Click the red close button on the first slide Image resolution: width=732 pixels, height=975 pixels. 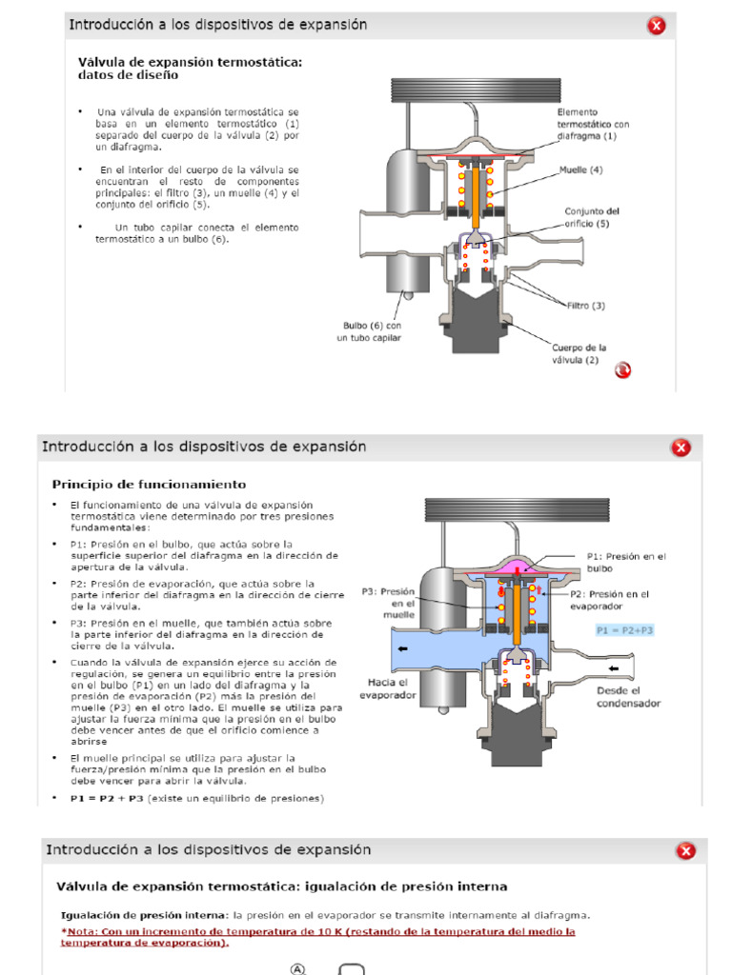(657, 26)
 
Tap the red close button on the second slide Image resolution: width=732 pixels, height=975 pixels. (681, 448)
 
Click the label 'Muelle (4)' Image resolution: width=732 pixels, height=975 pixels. (581, 169)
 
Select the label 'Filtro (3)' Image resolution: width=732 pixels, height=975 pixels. (586, 305)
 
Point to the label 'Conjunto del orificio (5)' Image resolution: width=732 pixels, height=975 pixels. (593, 217)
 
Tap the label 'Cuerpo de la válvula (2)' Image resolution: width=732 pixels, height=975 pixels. (579, 353)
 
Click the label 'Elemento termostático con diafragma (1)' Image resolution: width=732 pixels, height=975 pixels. (593, 124)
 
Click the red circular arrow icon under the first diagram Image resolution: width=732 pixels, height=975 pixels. (622, 370)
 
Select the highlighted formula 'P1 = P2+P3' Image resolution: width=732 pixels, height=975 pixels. (625, 630)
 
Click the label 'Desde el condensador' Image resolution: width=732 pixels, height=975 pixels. (627, 697)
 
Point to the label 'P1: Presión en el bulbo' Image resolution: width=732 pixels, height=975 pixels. (626, 562)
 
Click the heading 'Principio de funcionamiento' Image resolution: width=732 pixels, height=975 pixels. (149, 484)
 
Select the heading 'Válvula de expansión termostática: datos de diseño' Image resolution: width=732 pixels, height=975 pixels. (190, 68)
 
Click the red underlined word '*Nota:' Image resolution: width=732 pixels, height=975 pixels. (80, 931)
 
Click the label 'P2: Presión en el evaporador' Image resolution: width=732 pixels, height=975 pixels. (610, 599)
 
